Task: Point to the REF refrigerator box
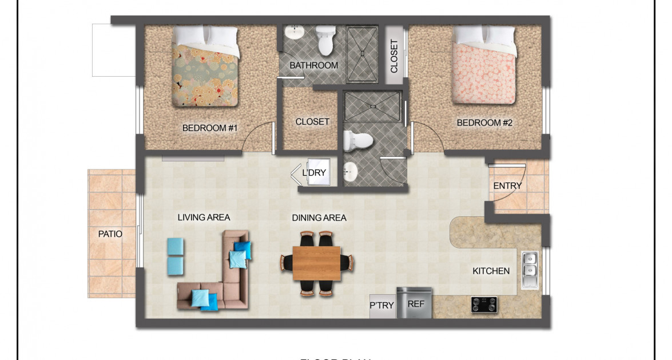click(x=416, y=304)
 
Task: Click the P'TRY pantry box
click(x=382, y=306)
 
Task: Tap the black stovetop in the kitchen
click(x=484, y=304)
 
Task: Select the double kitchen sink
click(x=530, y=269)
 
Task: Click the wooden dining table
click(x=316, y=263)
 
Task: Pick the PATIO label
click(x=110, y=234)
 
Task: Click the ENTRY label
click(x=507, y=186)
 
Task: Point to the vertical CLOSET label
click(x=394, y=56)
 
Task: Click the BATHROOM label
click(x=313, y=65)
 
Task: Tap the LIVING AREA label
click(x=204, y=217)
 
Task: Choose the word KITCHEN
click(x=491, y=271)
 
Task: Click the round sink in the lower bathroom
click(x=351, y=170)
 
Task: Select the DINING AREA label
click(x=319, y=217)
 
